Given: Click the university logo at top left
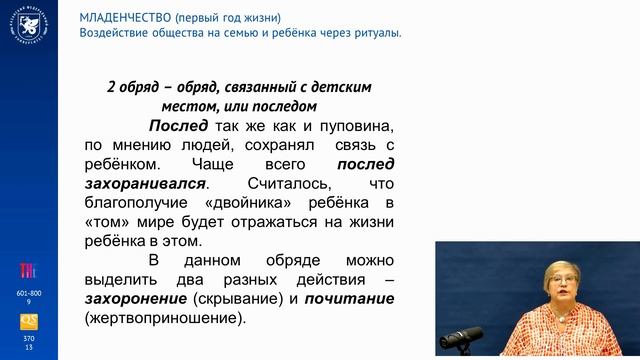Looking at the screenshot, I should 28,29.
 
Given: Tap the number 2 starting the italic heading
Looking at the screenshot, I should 110,87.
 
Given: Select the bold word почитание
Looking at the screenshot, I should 351,299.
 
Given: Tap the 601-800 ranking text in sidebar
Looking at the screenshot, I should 29,292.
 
